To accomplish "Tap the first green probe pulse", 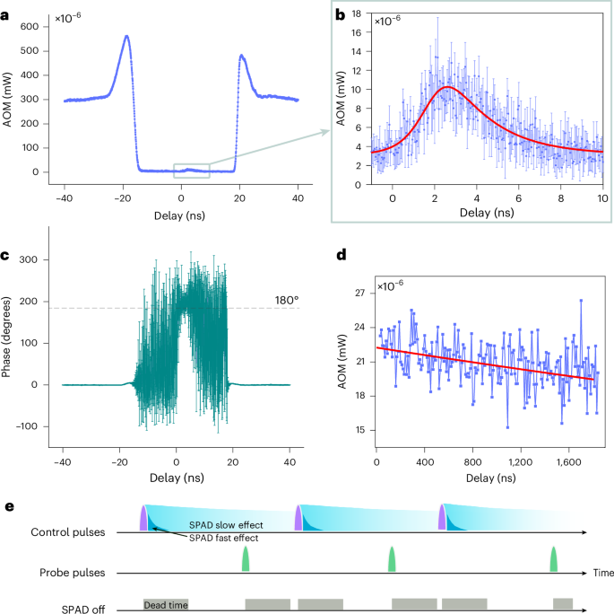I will pos(246,559).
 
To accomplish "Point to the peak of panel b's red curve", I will pos(449,88).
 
